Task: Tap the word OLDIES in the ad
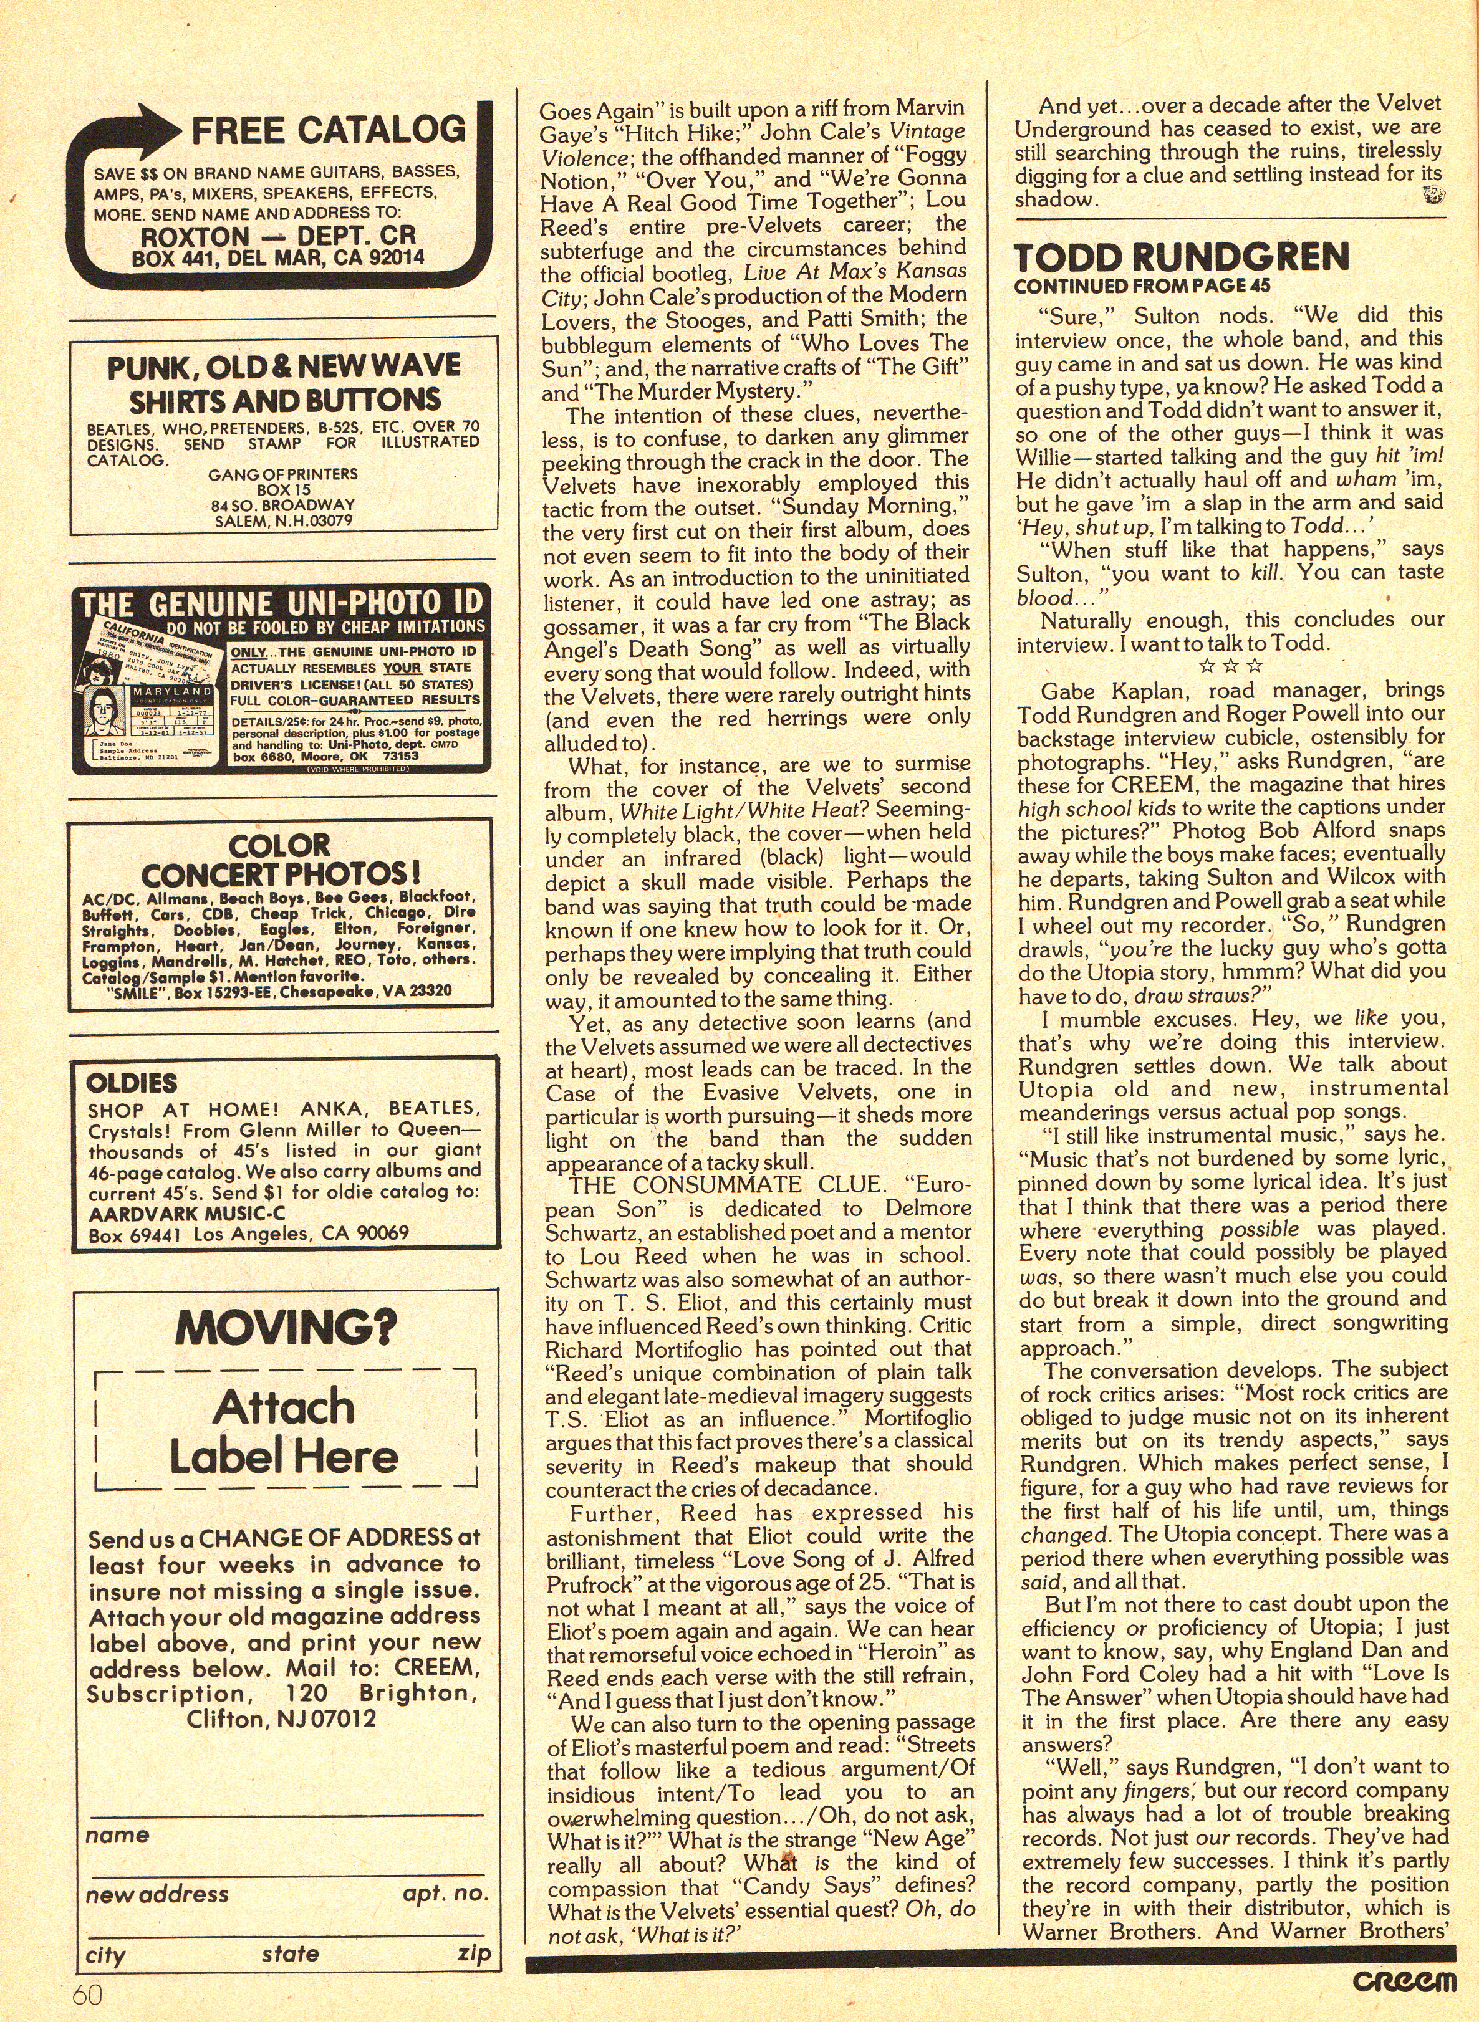coord(132,1083)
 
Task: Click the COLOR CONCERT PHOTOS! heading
coord(280,860)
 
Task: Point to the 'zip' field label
coord(473,1953)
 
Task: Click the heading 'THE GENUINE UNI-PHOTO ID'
coord(281,601)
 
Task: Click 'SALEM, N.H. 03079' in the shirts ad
coord(283,520)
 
